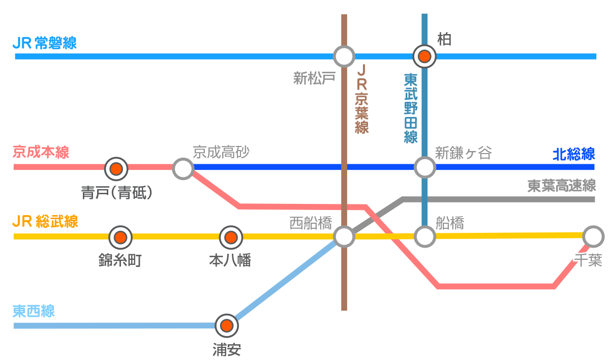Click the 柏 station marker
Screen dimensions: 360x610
[x=424, y=56]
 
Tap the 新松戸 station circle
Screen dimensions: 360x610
[x=344, y=56]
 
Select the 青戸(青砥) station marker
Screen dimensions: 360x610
[x=116, y=168]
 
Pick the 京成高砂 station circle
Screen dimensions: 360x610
[x=183, y=168]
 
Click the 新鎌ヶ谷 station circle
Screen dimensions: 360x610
[x=424, y=167]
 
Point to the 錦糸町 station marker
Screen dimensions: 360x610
[x=120, y=237]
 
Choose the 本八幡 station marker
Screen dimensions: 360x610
[x=231, y=237]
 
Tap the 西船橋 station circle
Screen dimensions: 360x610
[x=344, y=236]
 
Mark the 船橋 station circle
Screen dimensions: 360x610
[x=424, y=236]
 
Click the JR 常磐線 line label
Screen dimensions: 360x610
[x=45, y=43]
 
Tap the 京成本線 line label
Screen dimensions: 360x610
[x=41, y=152]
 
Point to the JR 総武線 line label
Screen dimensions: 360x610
[x=45, y=222]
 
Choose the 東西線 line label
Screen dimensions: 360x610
[x=34, y=311]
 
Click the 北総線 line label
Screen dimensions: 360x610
[x=573, y=154]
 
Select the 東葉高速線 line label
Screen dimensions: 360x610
[x=561, y=186]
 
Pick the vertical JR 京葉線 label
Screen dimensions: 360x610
[x=361, y=99]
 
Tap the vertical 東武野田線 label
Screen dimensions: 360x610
[x=411, y=108]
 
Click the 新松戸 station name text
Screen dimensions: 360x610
[x=315, y=78]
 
